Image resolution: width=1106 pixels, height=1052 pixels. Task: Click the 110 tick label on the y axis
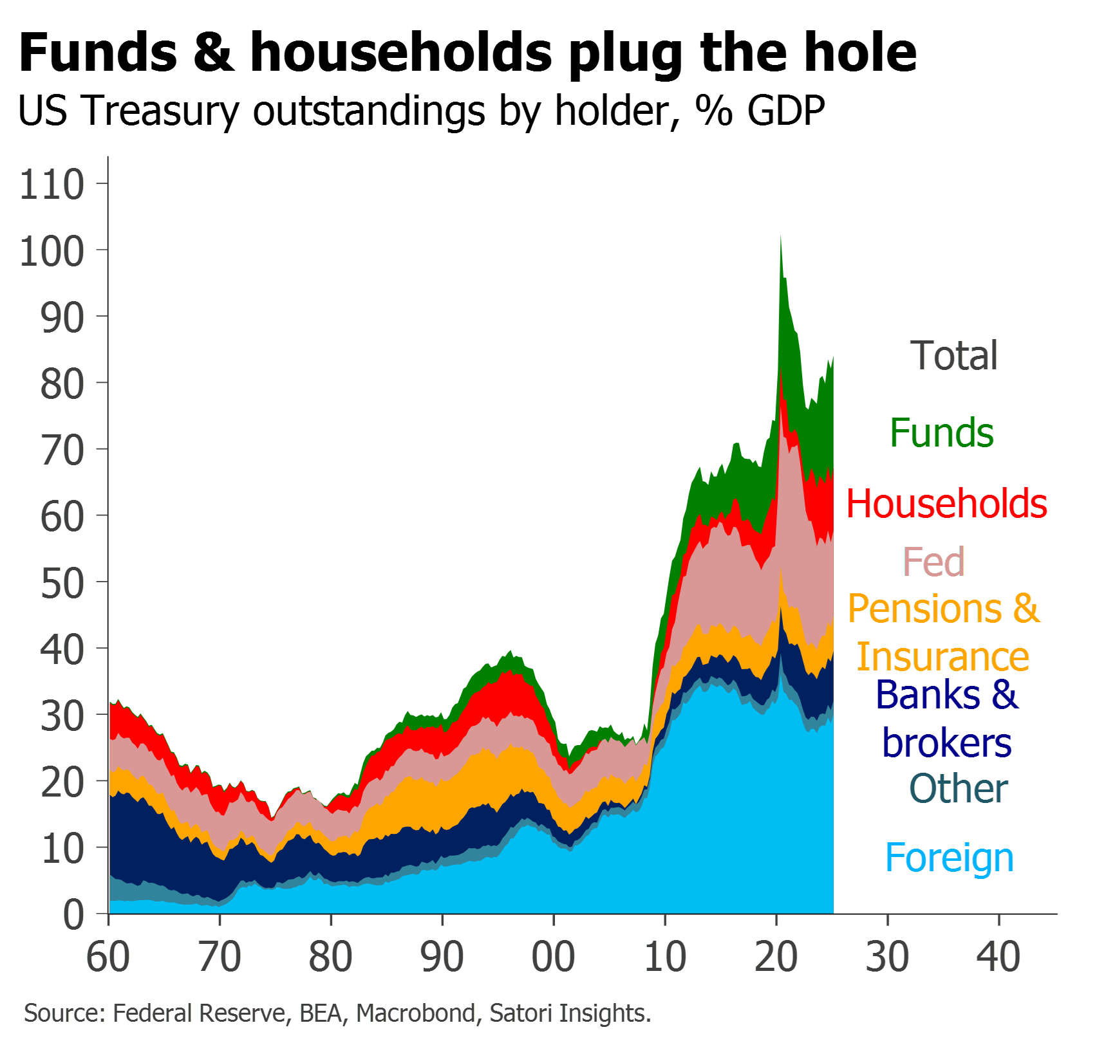[52, 185]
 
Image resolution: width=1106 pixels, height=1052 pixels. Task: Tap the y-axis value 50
[62, 584]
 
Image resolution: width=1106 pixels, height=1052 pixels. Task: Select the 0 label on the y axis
[74, 914]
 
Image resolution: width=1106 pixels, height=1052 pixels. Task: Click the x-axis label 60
[108, 957]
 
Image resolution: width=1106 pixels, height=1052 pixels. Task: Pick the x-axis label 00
[554, 957]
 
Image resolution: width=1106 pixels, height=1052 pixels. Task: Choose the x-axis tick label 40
[998, 957]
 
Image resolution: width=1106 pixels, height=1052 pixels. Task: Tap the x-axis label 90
[442, 957]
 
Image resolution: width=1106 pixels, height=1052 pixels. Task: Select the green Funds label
[941, 432]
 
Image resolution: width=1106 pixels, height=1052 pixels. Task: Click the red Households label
[946, 503]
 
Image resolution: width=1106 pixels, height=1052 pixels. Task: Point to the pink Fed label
[933, 562]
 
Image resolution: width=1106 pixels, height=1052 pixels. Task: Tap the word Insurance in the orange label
[943, 657]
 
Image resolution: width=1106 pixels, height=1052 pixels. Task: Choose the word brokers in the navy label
[946, 744]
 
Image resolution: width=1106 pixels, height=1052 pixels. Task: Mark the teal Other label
[958, 789]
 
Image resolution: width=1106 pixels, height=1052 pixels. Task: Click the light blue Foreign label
[949, 858]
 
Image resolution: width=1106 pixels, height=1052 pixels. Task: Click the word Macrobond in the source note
[415, 1013]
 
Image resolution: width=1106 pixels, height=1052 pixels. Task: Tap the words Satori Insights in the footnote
[570, 1013]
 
